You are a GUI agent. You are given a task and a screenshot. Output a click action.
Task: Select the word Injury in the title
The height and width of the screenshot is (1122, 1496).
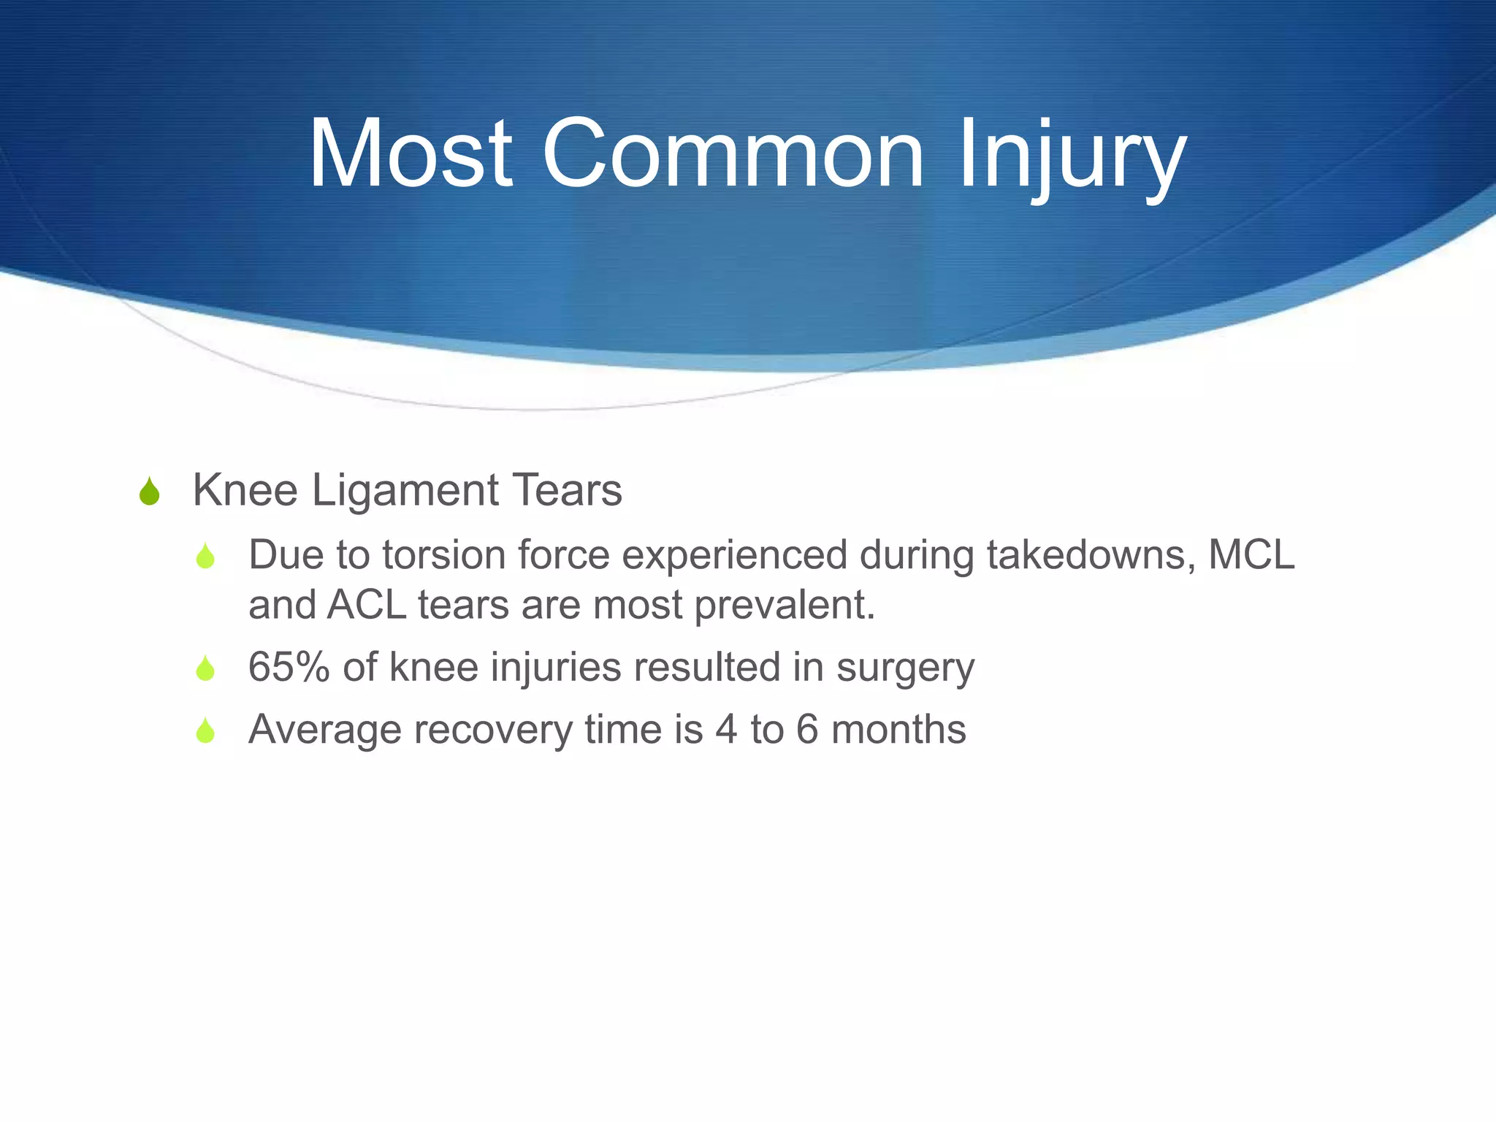click(x=1071, y=157)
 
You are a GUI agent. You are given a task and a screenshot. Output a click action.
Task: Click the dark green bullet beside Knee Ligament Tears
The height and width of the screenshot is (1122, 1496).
click(x=149, y=492)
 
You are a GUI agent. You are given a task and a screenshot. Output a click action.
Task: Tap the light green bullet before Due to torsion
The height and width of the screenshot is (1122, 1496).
click(x=205, y=557)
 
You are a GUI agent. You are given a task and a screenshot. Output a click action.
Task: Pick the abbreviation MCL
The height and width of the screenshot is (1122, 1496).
click(x=1251, y=555)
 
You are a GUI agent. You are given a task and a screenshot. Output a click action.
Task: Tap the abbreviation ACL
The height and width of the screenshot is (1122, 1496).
click(x=367, y=606)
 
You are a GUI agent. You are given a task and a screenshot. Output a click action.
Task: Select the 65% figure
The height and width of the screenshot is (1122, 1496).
click(x=289, y=667)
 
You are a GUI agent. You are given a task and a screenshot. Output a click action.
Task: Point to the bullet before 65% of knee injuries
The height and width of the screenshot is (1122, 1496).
click(x=205, y=669)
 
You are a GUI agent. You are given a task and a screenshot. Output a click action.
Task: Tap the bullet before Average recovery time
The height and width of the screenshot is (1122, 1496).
click(x=205, y=731)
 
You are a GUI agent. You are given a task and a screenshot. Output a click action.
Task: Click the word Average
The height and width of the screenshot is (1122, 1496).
click(x=324, y=730)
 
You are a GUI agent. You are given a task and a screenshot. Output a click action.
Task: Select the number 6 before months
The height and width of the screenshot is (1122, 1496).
click(x=806, y=730)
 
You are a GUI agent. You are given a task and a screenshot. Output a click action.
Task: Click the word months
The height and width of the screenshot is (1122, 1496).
click(x=898, y=730)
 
